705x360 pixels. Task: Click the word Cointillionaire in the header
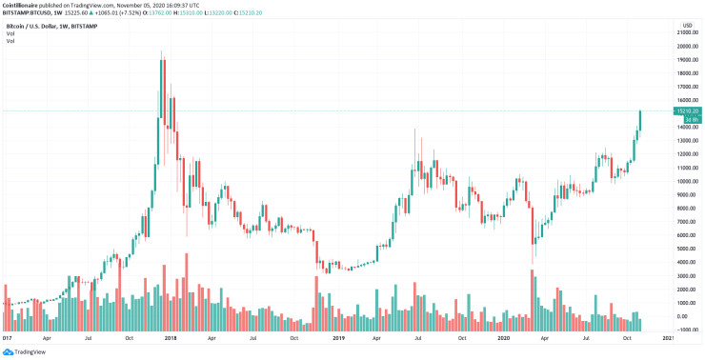(x=21, y=4)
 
